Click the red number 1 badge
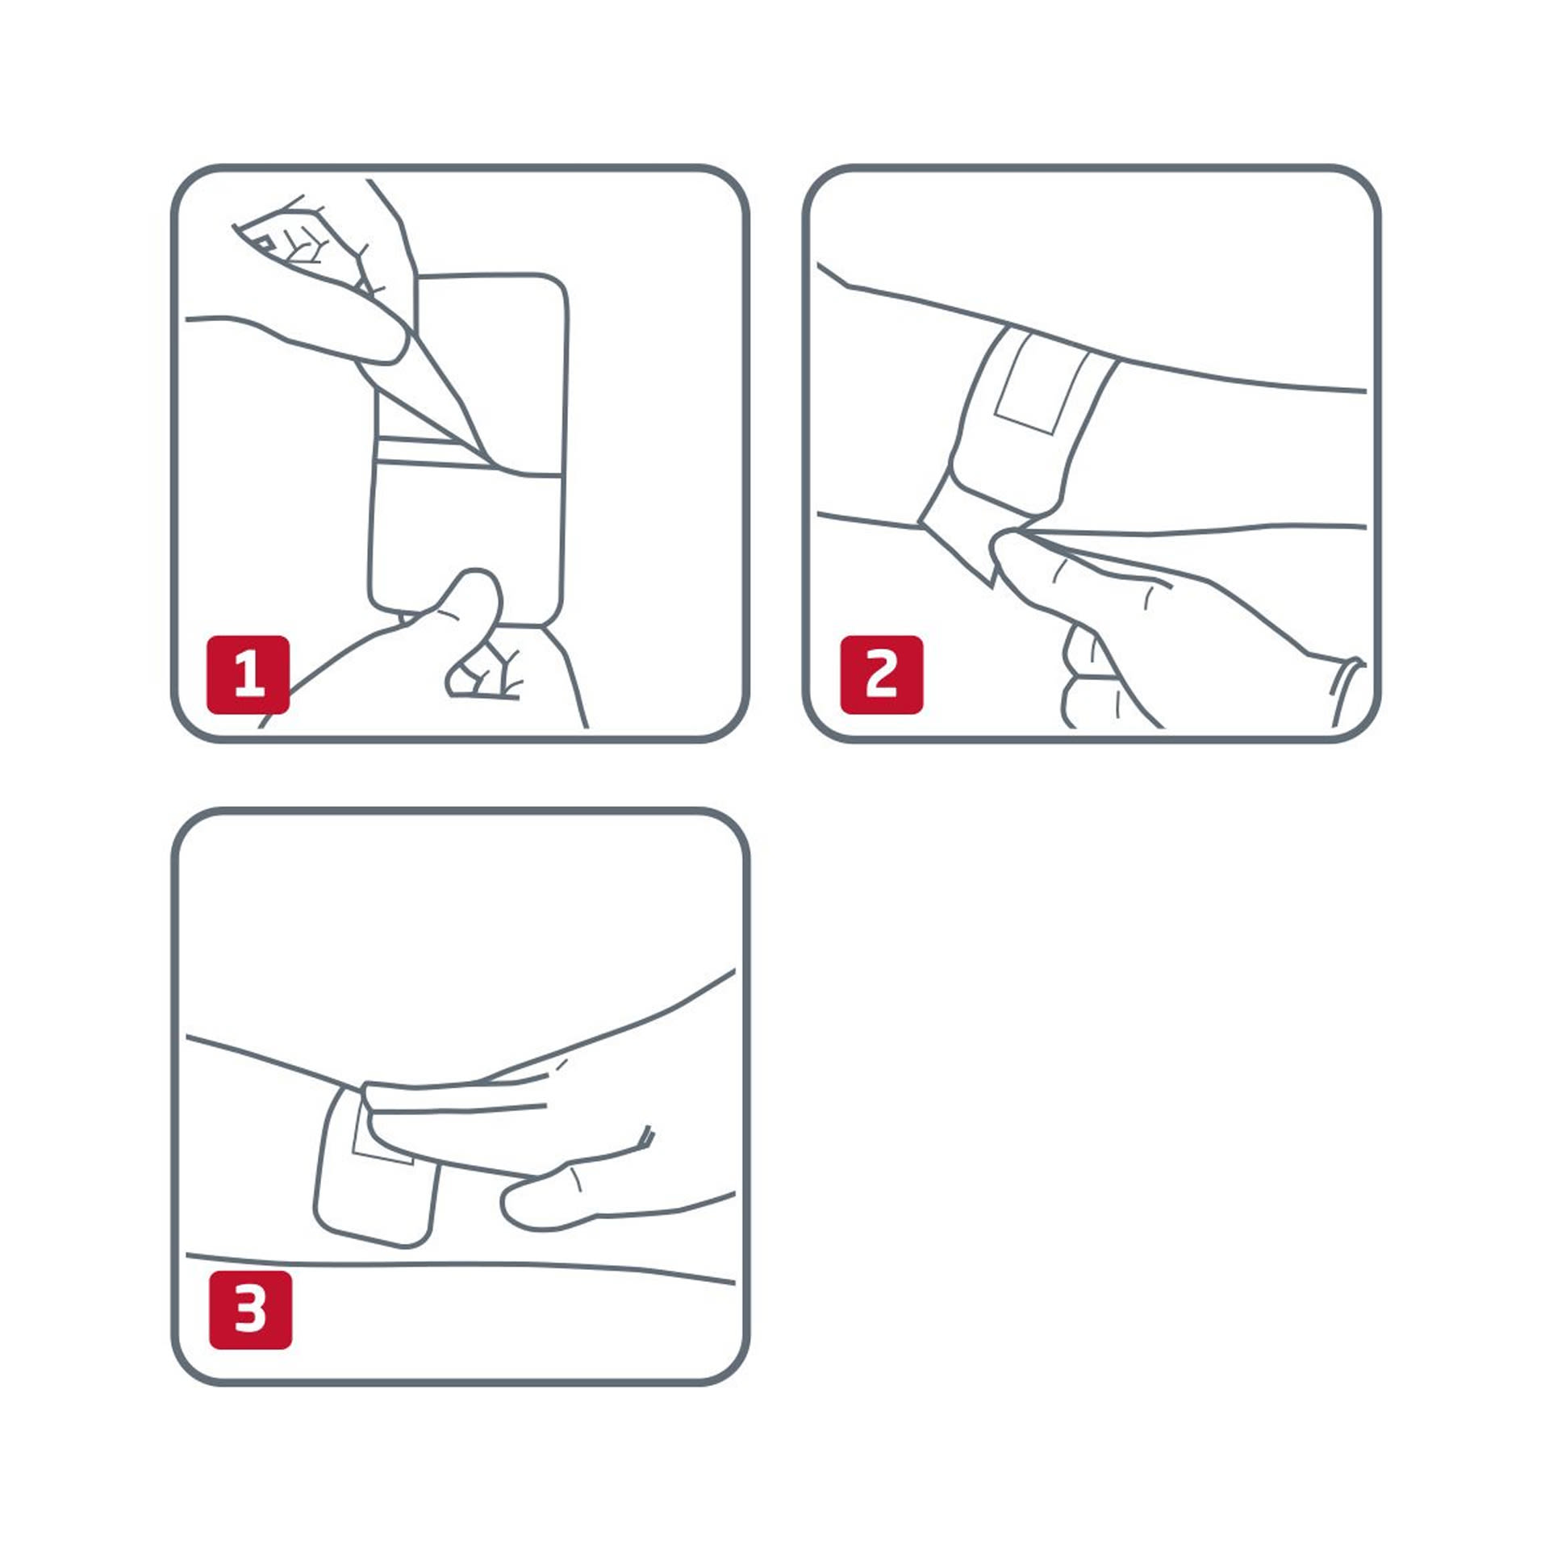(248, 674)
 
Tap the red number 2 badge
(881, 674)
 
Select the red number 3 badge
(250, 1309)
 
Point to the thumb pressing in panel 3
(565, 1202)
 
